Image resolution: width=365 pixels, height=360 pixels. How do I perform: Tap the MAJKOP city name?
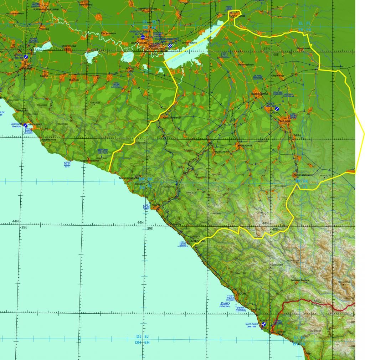pyautogui.click(x=286, y=122)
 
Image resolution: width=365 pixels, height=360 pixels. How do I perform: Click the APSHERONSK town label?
pyautogui.click(x=245, y=145)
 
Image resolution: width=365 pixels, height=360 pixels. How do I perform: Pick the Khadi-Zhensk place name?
pyautogui.click(x=222, y=152)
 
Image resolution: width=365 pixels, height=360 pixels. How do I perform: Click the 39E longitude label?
pyautogui.click(x=150, y=228)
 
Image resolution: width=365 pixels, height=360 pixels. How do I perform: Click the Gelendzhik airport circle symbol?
pyautogui.click(x=26, y=125)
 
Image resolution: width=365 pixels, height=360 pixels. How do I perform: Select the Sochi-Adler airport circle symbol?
pyautogui.click(x=264, y=325)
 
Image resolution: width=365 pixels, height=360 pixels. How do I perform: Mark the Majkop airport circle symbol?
pyautogui.click(x=277, y=108)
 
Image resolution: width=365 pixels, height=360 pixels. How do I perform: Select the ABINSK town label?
pyautogui.click(x=44, y=76)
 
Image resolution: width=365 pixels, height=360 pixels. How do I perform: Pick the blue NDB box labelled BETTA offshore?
pyautogui.click(x=67, y=164)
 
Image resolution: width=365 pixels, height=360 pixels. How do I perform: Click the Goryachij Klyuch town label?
pyautogui.click(x=172, y=118)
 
